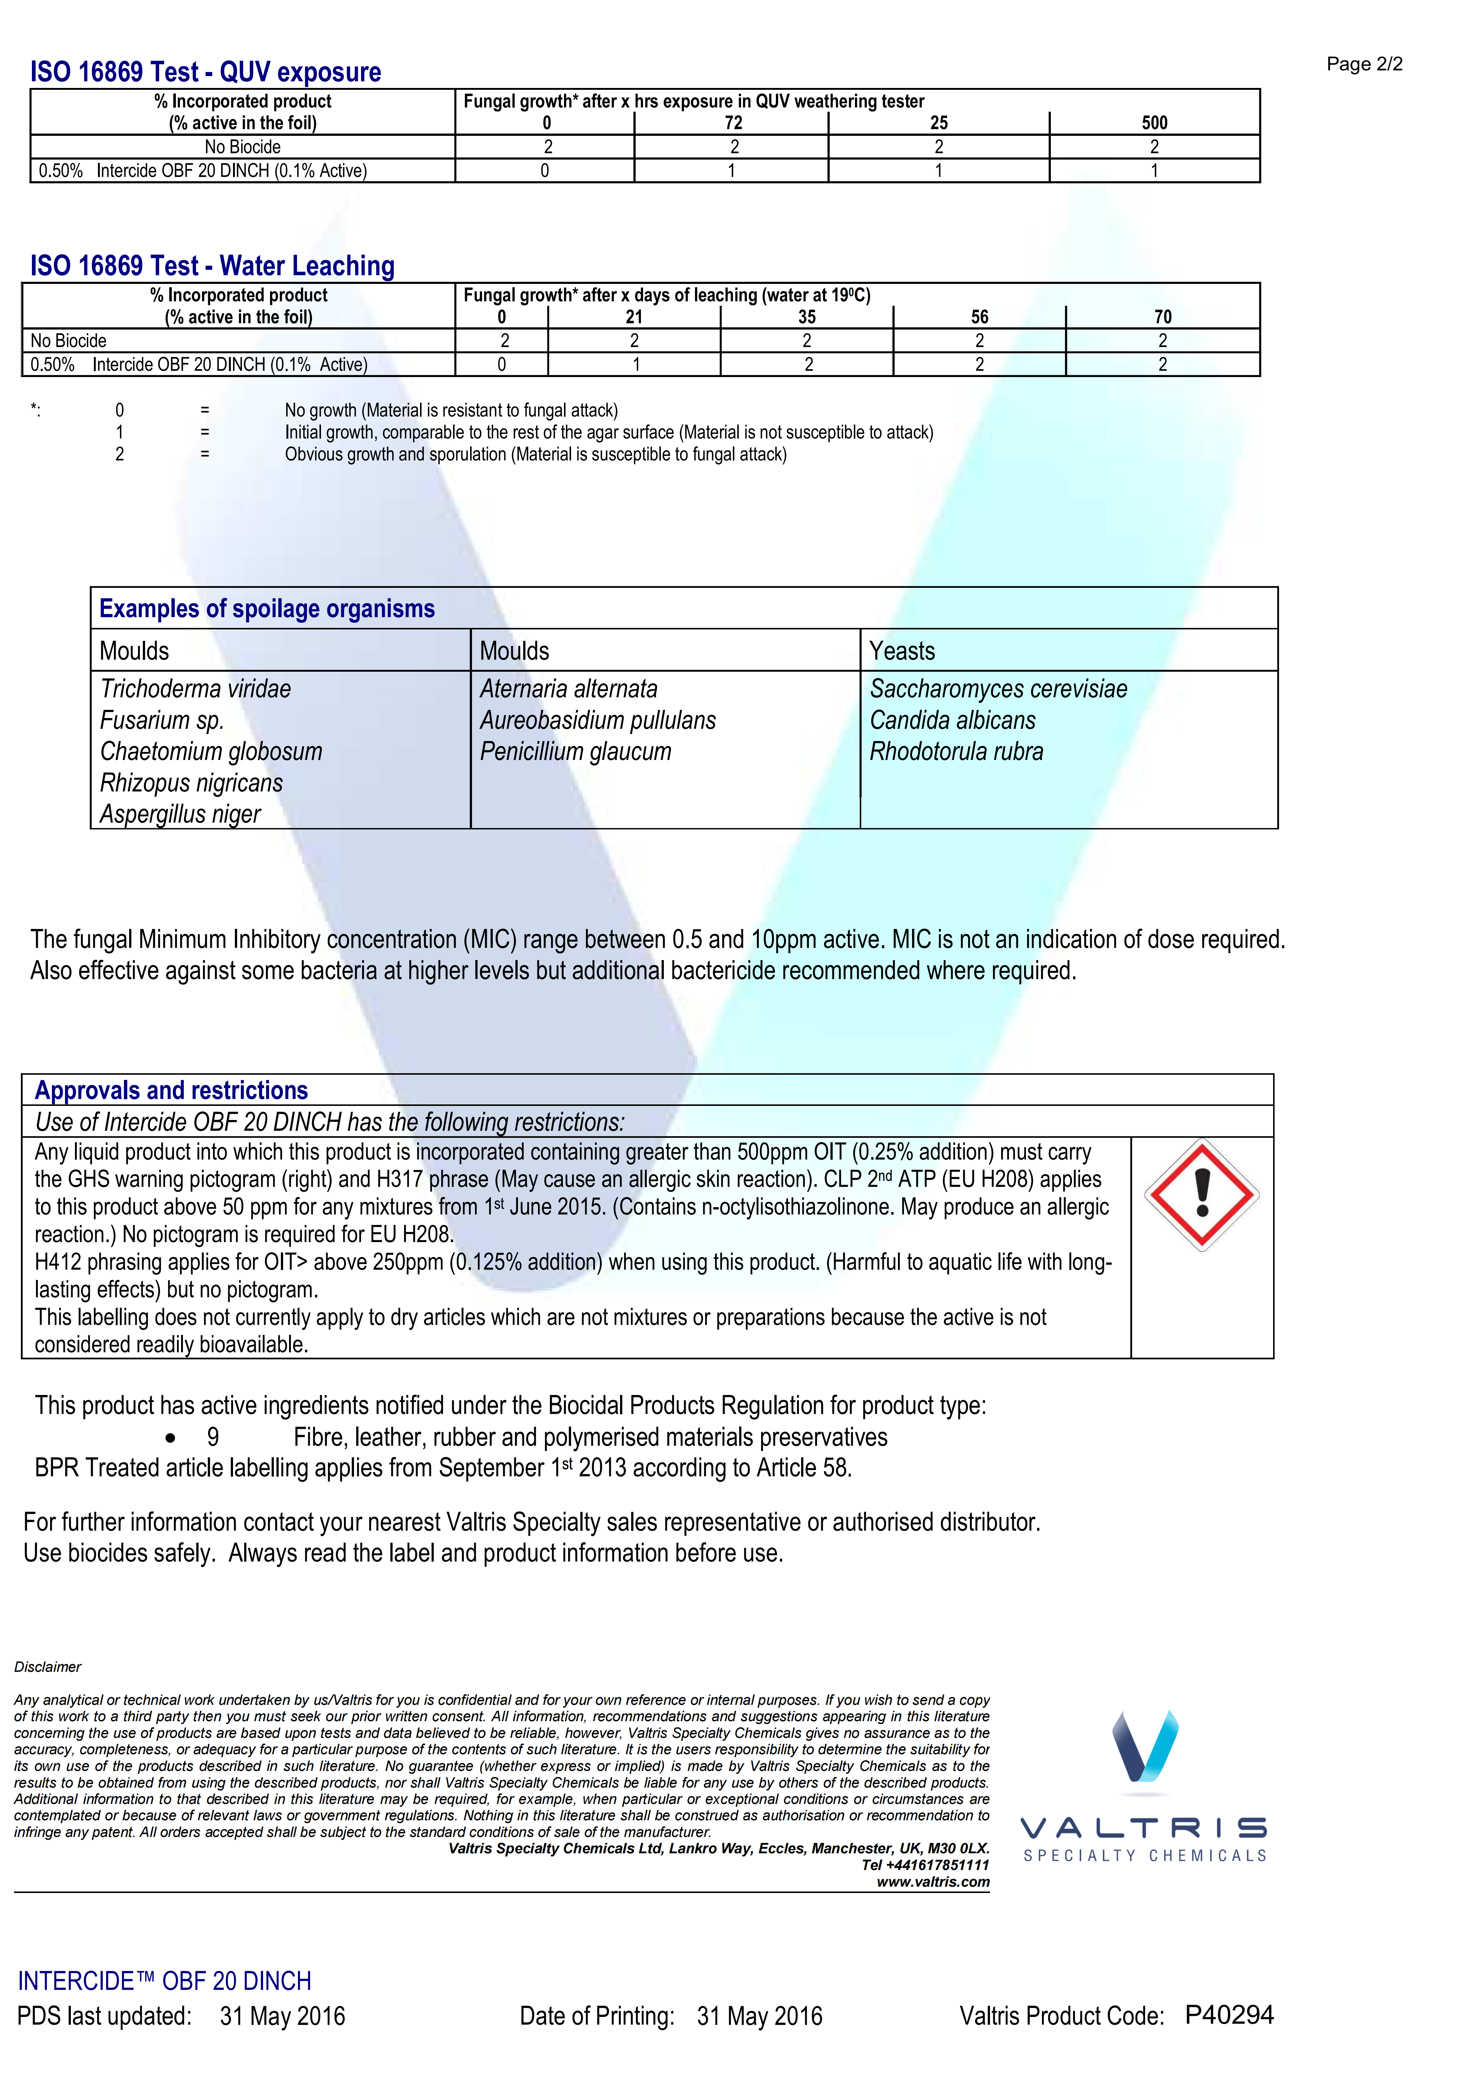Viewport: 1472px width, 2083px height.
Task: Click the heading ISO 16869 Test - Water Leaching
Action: tap(212, 266)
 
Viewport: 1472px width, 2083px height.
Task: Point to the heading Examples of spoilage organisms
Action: tap(267, 609)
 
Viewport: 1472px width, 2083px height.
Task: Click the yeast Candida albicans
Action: tap(952, 720)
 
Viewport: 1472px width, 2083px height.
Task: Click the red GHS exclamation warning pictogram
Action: tap(1202, 1195)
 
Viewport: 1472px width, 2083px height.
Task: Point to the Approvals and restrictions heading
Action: tap(171, 1091)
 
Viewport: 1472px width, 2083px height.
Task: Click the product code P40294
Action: tap(1229, 2015)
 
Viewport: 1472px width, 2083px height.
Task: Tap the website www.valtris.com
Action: tap(932, 1881)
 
